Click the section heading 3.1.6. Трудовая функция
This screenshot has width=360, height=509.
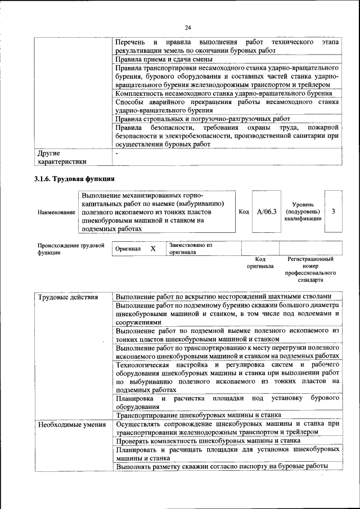coord(75,179)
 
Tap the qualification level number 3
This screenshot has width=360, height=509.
coord(334,211)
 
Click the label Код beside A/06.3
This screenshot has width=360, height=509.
coord(244,212)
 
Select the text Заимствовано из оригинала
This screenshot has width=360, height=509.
coord(191,249)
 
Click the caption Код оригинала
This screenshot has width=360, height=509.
coord(260,263)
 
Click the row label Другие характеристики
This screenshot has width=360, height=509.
coord(62,157)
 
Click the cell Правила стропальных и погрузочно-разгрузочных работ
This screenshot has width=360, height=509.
coord(202,119)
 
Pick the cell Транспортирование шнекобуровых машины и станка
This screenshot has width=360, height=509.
coord(198,415)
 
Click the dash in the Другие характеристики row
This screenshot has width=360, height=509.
coord(116,152)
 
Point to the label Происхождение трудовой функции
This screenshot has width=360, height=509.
coord(71,249)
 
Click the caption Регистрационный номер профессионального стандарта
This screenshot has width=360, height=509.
coord(310,269)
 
